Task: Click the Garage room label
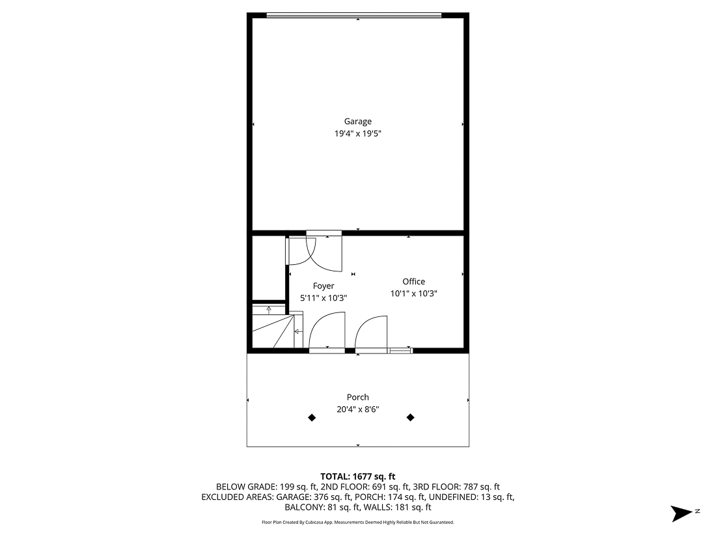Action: [x=357, y=121]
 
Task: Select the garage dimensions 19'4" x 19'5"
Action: [x=357, y=133]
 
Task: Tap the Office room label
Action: [x=413, y=281]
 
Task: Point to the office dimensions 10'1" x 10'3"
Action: [x=413, y=294]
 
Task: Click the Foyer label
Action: [x=324, y=286]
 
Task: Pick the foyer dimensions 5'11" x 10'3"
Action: [x=324, y=298]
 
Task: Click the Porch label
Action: [x=357, y=397]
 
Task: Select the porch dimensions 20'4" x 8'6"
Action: [x=357, y=409]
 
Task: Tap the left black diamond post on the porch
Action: [x=312, y=418]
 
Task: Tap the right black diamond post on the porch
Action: [x=411, y=418]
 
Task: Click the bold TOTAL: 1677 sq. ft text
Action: [x=357, y=476]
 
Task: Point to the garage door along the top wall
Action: [x=354, y=15]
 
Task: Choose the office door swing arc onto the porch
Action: [x=372, y=332]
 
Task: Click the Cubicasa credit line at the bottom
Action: [x=357, y=522]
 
